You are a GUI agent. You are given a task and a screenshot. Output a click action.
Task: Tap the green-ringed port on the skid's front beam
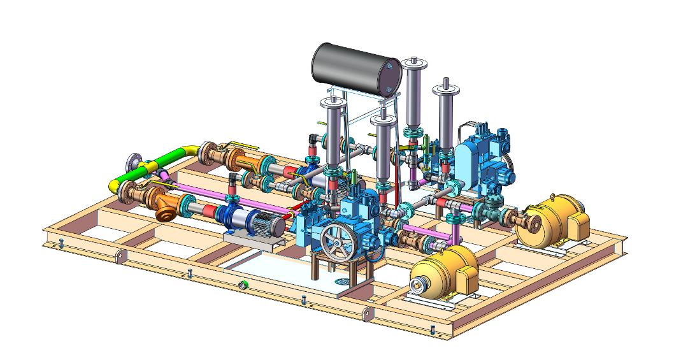[x=242, y=284]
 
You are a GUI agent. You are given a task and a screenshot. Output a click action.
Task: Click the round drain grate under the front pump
[x=341, y=280]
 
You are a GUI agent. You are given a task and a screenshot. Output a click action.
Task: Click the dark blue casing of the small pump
[x=229, y=216]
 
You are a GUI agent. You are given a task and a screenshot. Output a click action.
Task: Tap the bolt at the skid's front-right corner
[x=433, y=329]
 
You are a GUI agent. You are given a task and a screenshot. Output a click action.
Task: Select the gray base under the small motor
[x=252, y=240]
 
